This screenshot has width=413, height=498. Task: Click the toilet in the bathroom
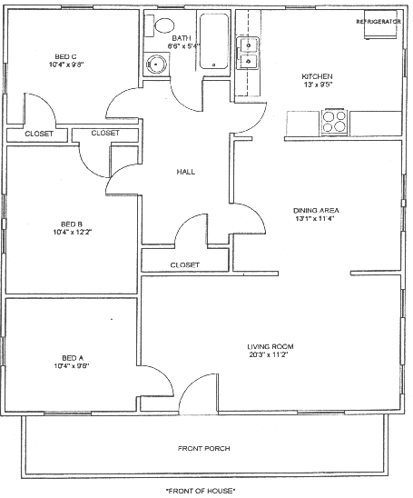tap(160, 25)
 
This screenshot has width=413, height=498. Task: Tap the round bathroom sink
tap(156, 65)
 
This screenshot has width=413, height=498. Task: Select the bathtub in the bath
tap(214, 41)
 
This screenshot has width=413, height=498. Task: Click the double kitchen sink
tap(248, 53)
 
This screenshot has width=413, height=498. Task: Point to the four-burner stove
tap(334, 122)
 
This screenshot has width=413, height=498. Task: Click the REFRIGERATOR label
tap(379, 22)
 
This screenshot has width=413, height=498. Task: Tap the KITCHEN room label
tap(317, 76)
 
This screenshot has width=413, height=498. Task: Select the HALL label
tap(186, 172)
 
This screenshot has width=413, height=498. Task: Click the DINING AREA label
tap(316, 210)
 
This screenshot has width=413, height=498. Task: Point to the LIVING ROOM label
tap(270, 346)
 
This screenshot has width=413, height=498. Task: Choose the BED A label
tap(73, 358)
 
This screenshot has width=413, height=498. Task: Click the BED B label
tap(72, 224)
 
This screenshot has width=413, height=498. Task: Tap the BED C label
tap(65, 57)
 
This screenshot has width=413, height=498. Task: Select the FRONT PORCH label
tap(203, 448)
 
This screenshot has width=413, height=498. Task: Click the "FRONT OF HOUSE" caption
tap(201, 491)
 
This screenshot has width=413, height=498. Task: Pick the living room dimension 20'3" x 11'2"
tap(269, 354)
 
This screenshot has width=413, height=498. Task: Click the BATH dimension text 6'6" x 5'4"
tap(184, 46)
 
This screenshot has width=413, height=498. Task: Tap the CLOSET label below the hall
tap(185, 264)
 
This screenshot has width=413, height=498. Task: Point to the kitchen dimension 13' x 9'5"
tap(317, 85)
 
